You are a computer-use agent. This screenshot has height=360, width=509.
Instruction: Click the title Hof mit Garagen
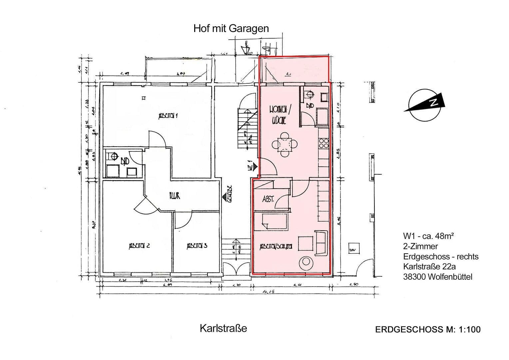click(231, 29)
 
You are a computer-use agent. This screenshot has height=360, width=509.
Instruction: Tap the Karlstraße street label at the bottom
click(223, 328)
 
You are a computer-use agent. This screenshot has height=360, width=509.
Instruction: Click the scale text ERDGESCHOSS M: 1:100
click(428, 330)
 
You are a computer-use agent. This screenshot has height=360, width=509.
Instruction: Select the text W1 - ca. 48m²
click(428, 236)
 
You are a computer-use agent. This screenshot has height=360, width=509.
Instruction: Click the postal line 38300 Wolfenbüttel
click(437, 277)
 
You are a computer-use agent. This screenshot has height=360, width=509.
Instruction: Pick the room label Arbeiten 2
click(139, 246)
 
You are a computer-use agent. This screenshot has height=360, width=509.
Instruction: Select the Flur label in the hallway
click(174, 196)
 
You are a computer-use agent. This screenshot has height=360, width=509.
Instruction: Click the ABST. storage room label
click(268, 199)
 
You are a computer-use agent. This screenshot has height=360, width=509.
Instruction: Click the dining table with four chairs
click(285, 144)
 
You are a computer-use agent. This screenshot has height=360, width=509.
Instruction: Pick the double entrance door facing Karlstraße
click(236, 268)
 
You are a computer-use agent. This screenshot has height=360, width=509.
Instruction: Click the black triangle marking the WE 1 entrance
click(255, 166)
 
